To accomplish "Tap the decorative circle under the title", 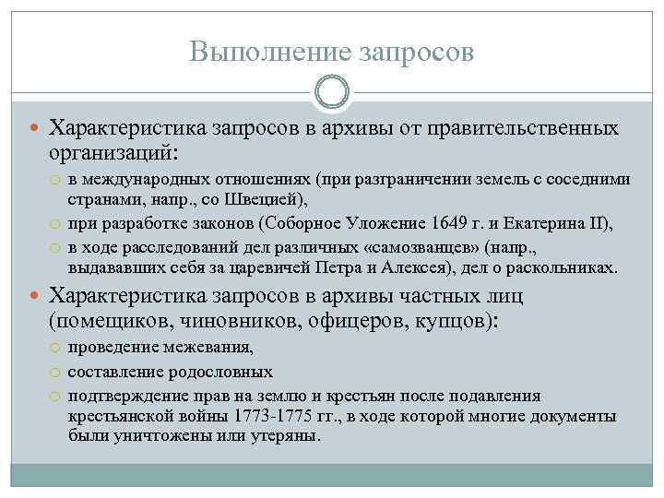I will [332, 92].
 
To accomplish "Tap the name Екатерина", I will [535, 224].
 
